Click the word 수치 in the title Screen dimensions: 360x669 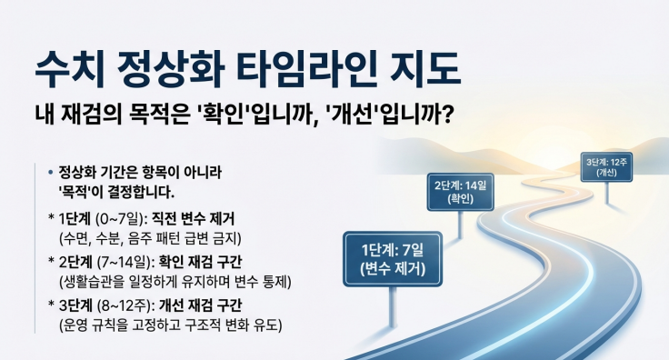tap(73, 65)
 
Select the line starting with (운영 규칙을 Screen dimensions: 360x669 tap(168, 325)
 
